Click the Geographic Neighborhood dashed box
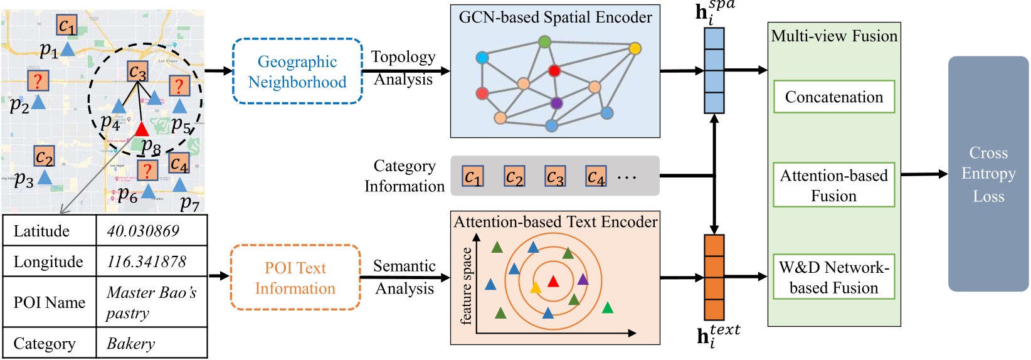[297, 71]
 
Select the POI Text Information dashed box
[295, 278]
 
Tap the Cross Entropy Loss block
[988, 174]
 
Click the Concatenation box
[833, 97]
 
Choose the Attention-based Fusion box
[833, 186]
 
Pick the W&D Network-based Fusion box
[833, 277]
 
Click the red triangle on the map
[142, 129]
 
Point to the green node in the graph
[544, 42]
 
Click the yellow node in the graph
[635, 48]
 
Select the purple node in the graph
[556, 103]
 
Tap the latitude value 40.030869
[143, 231]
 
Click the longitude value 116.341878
[147, 262]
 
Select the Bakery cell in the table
[130, 344]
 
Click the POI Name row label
[49, 302]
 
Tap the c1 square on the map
[66, 26]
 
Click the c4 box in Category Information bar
[596, 177]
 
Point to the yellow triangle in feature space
[536, 288]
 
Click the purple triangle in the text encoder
[583, 279]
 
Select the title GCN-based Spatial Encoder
[555, 17]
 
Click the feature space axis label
[465, 286]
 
